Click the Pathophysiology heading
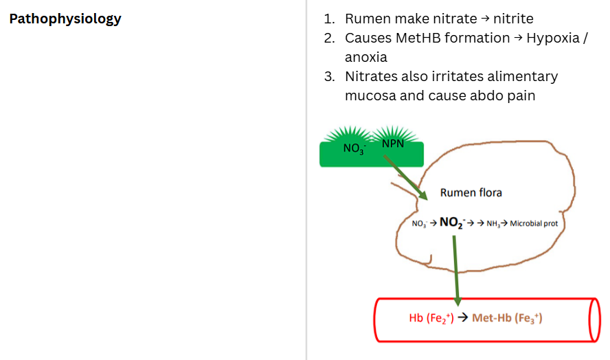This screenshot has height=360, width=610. click(x=65, y=19)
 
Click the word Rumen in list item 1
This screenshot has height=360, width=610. click(x=367, y=19)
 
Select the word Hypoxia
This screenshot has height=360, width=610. click(x=554, y=38)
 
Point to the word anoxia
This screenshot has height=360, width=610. click(x=366, y=57)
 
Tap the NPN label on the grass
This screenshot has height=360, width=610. click(x=393, y=143)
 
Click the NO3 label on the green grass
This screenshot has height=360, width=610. click(x=354, y=148)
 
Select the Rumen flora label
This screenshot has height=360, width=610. click(x=471, y=192)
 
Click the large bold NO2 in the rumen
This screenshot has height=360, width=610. click(x=452, y=222)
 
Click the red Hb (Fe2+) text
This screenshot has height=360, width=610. click(x=431, y=318)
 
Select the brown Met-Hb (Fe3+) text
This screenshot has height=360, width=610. click(x=507, y=318)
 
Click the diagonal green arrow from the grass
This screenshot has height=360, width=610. click(x=405, y=177)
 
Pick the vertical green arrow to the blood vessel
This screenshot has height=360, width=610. click(x=456, y=268)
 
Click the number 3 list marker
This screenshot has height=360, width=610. click(x=330, y=76)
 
